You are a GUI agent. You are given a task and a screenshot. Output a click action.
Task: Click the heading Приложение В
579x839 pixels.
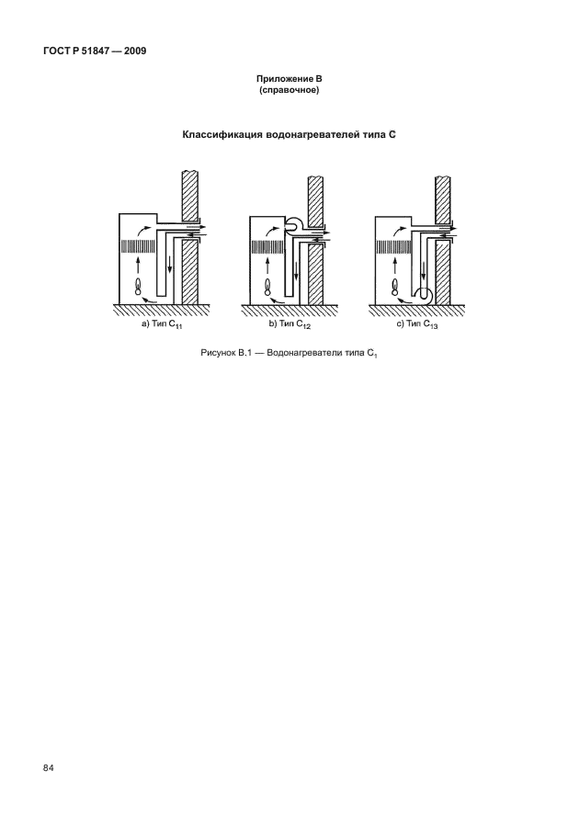289,80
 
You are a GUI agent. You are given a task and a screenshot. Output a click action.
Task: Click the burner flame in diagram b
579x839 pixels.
267,288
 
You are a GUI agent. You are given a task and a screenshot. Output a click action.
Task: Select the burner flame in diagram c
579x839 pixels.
396,288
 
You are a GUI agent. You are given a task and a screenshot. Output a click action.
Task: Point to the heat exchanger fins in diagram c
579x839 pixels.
395,246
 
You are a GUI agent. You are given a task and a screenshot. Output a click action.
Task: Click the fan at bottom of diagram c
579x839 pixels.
425,296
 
